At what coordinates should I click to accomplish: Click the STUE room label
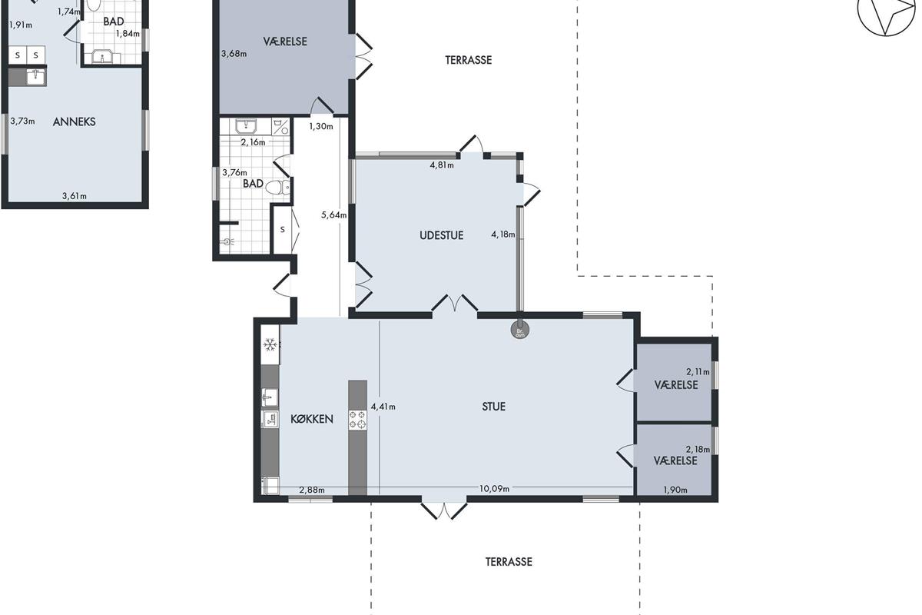[x=493, y=407]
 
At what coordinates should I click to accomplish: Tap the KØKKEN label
[x=312, y=419]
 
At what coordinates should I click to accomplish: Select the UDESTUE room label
[x=441, y=235]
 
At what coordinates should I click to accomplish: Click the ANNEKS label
[x=74, y=121]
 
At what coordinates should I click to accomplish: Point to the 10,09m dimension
[x=494, y=488]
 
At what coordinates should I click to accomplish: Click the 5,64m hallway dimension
[x=333, y=214]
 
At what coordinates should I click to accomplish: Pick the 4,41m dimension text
[x=383, y=407]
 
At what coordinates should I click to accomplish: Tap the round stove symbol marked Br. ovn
[x=520, y=331]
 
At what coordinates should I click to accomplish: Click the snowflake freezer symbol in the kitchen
[x=270, y=344]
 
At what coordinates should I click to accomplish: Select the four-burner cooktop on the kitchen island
[x=358, y=421]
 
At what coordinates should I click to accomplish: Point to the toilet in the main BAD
[x=278, y=188]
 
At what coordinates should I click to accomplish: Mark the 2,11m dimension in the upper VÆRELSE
[x=698, y=371]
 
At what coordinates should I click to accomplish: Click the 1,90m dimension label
[x=675, y=490]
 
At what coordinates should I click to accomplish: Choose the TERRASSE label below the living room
[x=509, y=562]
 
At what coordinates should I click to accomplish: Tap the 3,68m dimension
[x=234, y=54]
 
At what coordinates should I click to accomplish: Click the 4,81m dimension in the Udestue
[x=442, y=165]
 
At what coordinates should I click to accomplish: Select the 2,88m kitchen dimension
[x=312, y=490]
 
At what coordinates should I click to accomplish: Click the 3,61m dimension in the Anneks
[x=75, y=196]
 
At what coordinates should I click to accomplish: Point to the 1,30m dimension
[x=321, y=127]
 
